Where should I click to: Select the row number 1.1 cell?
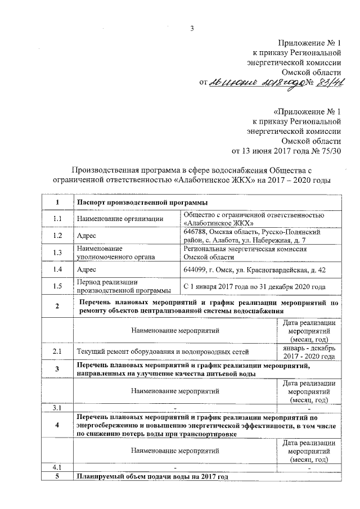pos(57,218)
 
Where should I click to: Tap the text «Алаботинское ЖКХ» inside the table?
pos(213,222)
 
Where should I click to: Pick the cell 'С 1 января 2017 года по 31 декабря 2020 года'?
pos(255,287)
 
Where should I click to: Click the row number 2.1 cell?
pos(57,352)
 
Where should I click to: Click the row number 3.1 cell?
pos(57,407)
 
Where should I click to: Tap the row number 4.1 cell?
pos(57,467)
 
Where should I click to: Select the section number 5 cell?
pos(57,476)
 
